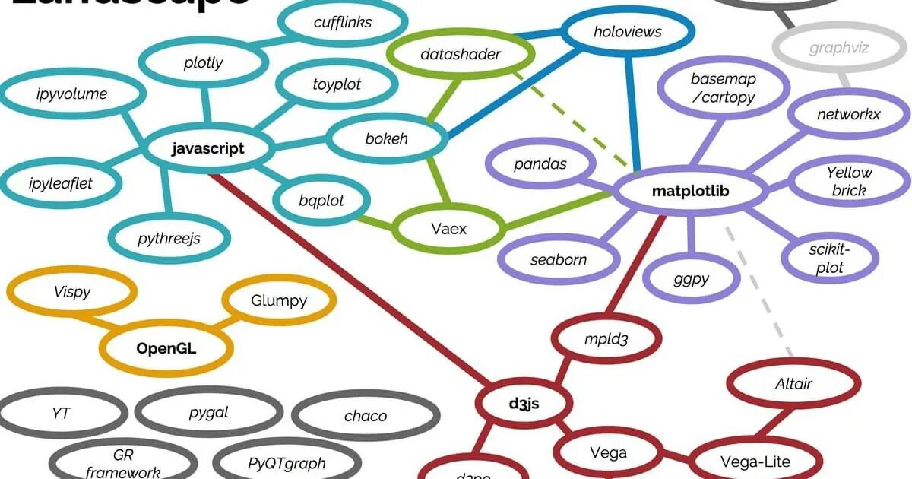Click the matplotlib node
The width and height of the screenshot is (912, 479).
pyautogui.click(x=690, y=191)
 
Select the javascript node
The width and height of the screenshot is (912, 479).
pyautogui.click(x=208, y=148)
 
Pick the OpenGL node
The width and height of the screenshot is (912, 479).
pyautogui.click(x=166, y=349)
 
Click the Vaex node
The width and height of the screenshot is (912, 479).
pyautogui.click(x=448, y=227)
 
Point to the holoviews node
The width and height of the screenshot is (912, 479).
pyautogui.click(x=627, y=32)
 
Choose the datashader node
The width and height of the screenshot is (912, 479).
pyautogui.click(x=460, y=55)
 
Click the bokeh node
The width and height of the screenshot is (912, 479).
pyautogui.click(x=386, y=139)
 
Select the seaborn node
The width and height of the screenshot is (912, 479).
pyautogui.click(x=559, y=259)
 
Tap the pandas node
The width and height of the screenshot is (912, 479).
pyautogui.click(x=540, y=164)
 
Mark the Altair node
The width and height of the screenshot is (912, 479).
pyautogui.click(x=793, y=383)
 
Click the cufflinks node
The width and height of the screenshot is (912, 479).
pyautogui.click(x=343, y=22)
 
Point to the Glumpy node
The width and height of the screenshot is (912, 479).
pyautogui.click(x=279, y=300)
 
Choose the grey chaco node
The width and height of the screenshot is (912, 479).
pyautogui.click(x=366, y=416)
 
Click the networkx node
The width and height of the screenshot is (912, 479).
pyautogui.click(x=848, y=115)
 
